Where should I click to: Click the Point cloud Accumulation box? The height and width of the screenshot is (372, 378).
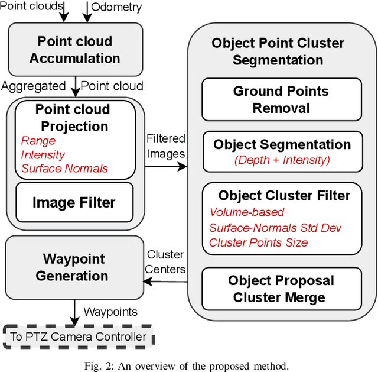74,50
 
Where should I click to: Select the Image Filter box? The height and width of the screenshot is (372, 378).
74,203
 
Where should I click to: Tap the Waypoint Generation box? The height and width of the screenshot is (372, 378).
74,267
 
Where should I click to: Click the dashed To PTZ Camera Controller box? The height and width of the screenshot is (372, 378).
78,337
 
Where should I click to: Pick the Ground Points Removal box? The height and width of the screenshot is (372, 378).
281,99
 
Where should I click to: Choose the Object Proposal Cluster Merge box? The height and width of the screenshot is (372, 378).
281,289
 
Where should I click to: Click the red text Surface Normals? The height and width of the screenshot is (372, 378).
64,169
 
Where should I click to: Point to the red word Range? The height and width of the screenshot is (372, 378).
38,141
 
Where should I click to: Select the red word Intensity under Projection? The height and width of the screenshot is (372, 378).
43,155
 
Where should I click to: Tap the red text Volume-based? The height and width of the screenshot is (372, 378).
247,212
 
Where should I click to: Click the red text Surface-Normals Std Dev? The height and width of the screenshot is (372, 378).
275,228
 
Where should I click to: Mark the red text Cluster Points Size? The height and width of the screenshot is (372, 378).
258,242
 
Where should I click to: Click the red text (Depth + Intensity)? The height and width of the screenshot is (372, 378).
281,159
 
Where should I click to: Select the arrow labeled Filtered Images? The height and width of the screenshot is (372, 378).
165,167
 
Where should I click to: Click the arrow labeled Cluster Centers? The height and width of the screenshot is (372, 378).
165,282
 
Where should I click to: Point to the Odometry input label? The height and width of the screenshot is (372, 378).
116,7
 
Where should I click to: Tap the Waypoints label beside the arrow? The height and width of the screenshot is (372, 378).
110,312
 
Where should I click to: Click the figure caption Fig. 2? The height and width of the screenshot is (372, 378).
188,364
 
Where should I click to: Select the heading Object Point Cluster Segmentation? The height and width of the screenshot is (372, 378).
277,51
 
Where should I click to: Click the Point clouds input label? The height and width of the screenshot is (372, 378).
32,7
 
